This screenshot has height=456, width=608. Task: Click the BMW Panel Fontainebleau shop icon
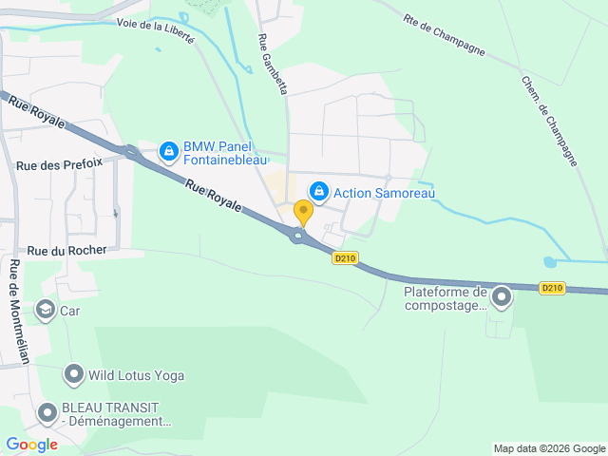[168, 150]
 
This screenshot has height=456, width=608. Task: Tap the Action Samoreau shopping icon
[319, 192]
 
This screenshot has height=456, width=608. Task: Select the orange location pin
[303, 211]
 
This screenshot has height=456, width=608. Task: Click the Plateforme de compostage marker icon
[501, 298]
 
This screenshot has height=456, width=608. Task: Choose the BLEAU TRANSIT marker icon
[47, 413]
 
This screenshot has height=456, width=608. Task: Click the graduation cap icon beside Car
[45, 310]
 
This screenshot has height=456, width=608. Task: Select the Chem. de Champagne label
[550, 121]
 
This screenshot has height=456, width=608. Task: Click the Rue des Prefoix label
[59, 164]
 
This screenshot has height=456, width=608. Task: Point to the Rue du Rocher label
[66, 250]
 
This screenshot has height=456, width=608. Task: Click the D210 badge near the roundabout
[344, 257]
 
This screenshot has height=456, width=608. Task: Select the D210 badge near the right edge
[552, 287]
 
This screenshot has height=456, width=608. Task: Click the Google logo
[31, 444]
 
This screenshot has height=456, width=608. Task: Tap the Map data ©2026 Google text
[548, 448]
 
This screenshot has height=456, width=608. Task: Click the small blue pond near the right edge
[549, 261]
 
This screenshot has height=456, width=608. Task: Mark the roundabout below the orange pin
[300, 236]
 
